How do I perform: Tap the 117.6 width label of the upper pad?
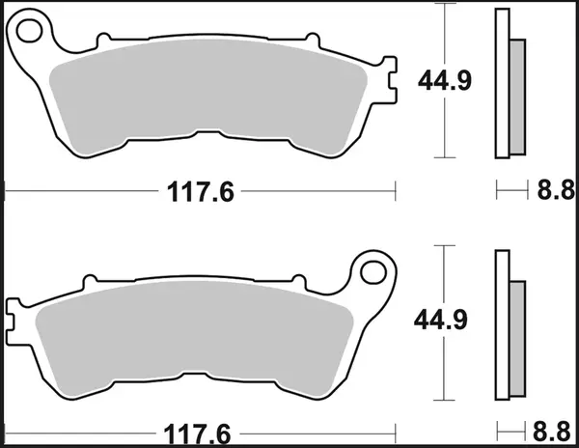(194, 192)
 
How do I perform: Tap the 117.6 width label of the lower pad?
(194, 432)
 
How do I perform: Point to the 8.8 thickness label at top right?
(550, 192)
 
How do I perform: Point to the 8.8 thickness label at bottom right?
(550, 432)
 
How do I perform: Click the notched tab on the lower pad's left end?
(14, 311)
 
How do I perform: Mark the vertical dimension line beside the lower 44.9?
(445, 367)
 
